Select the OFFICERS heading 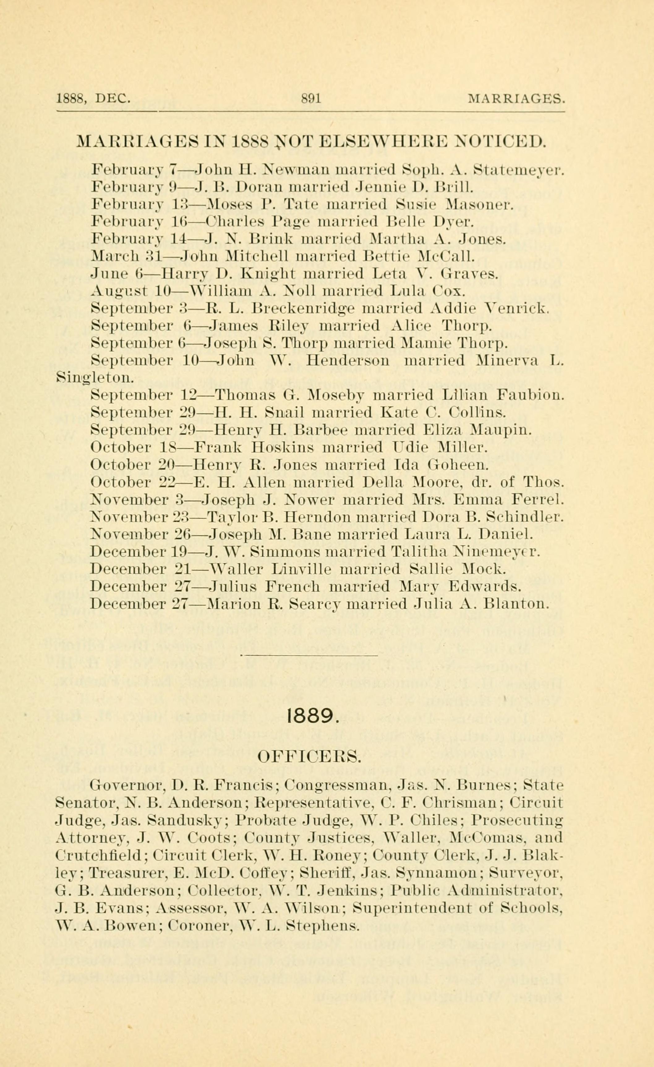(x=309, y=757)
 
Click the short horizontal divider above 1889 (x=309, y=655)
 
